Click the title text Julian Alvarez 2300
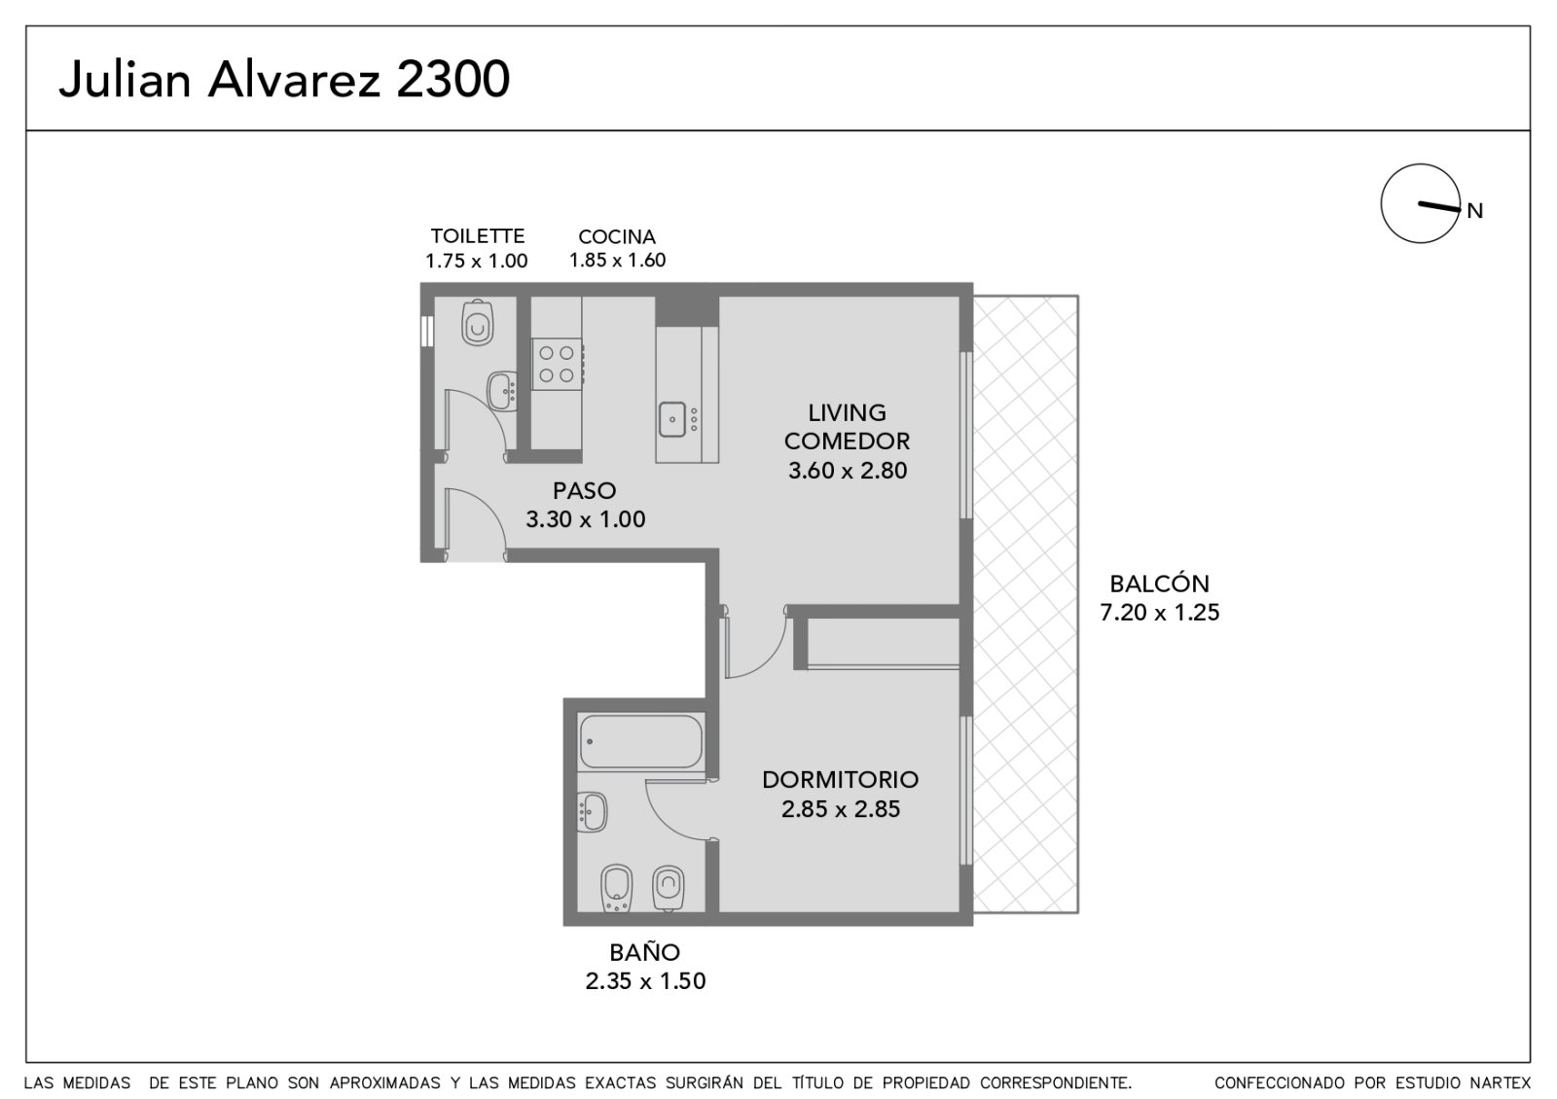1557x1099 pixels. tap(284, 79)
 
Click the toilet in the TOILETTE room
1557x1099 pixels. tap(478, 322)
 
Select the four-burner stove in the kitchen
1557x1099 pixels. tap(557, 364)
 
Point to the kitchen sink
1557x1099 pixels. tap(672, 419)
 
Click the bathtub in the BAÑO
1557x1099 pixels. tap(640, 742)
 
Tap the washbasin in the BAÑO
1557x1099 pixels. tap(593, 812)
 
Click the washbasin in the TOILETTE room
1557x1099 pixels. tap(502, 392)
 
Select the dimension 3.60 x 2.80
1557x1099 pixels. tap(848, 471)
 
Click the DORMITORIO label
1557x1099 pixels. tap(841, 779)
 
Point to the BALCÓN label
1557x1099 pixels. tap(1159, 583)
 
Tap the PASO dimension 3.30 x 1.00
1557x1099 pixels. tap(585, 519)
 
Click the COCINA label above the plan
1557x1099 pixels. tap(617, 237)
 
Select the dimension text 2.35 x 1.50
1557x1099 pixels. tap(645, 981)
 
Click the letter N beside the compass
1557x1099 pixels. tap(1475, 210)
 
